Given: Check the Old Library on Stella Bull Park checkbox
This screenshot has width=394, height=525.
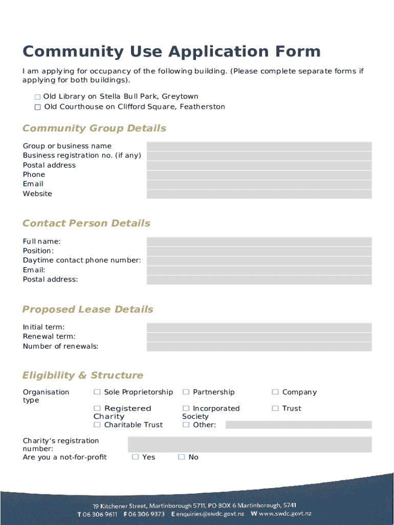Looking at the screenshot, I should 37,97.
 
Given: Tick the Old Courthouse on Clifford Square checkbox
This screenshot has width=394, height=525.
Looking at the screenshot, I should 37,107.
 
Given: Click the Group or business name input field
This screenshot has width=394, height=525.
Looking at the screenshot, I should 259,146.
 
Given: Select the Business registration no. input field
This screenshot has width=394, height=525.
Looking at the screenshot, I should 259,156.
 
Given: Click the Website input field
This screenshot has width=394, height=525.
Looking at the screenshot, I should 259,194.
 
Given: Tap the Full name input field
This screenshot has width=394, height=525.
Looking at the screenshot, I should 259,241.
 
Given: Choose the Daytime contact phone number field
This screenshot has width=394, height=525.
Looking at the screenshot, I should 259,260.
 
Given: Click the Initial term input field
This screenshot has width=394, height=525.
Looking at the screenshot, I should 259,327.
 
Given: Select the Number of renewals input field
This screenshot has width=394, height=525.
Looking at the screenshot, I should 259,347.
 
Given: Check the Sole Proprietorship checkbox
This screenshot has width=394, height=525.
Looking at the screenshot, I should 97,392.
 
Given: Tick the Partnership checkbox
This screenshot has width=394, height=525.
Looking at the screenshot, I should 186,392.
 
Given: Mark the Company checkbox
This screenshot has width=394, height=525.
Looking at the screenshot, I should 275,392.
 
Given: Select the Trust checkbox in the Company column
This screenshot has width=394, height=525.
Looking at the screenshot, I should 275,409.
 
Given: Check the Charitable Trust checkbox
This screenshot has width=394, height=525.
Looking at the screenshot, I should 97,425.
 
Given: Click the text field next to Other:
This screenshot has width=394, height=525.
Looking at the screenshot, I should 298,425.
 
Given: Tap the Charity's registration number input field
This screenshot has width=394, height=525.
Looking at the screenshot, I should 249,445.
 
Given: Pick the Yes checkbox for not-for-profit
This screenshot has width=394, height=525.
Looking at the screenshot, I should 135,457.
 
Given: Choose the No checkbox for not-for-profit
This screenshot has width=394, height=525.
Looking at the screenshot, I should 181,457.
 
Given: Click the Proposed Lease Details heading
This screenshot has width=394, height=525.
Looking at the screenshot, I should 87,310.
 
